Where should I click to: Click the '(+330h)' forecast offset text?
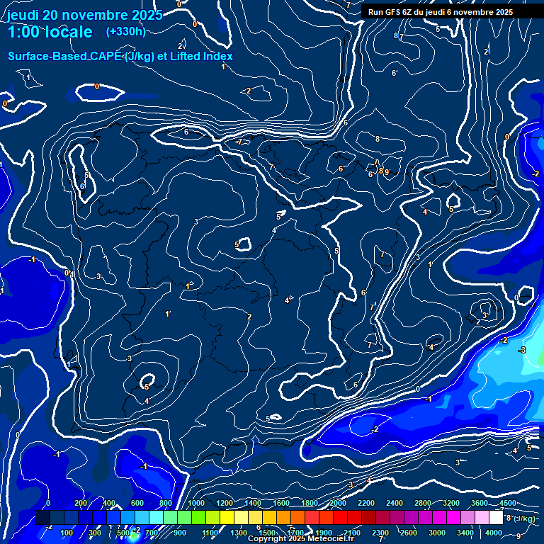click(x=127, y=31)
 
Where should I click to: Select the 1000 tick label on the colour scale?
click(x=195, y=503)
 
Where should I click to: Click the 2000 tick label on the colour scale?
click(x=337, y=503)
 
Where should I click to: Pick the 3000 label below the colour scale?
click(x=437, y=533)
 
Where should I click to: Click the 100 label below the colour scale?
click(x=67, y=533)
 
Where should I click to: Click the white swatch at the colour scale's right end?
click(x=496, y=518)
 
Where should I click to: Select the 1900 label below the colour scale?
click(x=324, y=533)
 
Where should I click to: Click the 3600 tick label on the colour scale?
click(x=480, y=503)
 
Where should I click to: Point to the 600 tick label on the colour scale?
click(x=137, y=503)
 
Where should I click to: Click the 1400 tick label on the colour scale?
click(x=252, y=503)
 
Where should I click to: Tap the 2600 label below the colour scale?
click(x=409, y=533)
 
